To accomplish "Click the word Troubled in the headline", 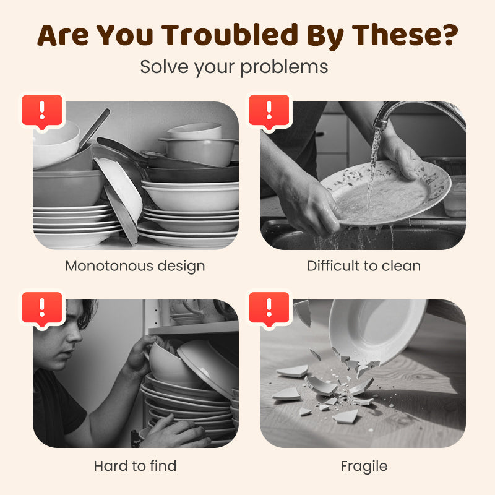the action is [x=230, y=35].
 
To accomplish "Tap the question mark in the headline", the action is [x=449, y=34].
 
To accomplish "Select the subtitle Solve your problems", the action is [x=234, y=67].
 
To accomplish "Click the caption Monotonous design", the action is [x=135, y=266].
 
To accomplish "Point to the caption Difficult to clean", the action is [x=364, y=266].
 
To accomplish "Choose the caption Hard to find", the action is [x=135, y=466].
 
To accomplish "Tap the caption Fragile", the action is [x=364, y=467].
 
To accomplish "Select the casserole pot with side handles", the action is [x=198, y=152].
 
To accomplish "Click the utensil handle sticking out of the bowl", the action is [x=94, y=128].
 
